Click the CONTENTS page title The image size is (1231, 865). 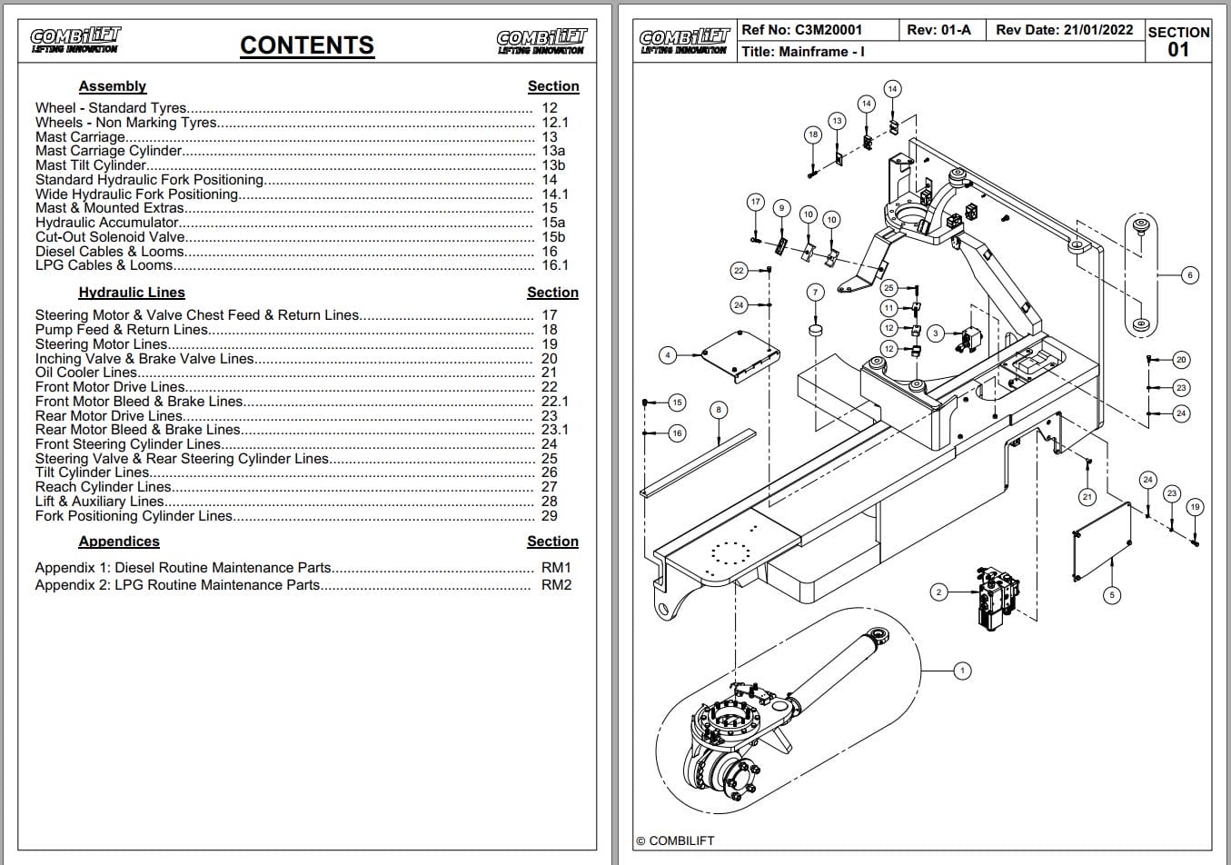point(306,45)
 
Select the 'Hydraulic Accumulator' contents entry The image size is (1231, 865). point(107,223)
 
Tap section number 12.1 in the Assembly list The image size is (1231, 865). point(554,123)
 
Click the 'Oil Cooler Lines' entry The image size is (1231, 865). point(86,373)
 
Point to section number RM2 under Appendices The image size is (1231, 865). point(556,585)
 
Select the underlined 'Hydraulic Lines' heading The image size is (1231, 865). point(132,293)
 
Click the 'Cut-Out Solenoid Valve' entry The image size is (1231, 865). point(110,237)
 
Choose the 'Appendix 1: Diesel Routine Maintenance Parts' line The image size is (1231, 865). point(183,568)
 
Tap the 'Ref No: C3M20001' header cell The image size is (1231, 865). point(802,30)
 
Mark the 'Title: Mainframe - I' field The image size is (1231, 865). point(803,52)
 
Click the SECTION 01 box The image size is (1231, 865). point(1178,41)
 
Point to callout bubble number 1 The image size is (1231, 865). point(962,671)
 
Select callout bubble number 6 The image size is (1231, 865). point(1190,274)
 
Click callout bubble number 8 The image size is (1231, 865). point(719,410)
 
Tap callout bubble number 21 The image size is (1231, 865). point(1087,497)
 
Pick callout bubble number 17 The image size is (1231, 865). point(755,202)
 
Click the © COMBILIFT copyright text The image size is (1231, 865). point(675,840)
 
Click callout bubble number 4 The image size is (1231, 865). point(668,355)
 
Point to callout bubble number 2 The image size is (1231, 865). point(939,592)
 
